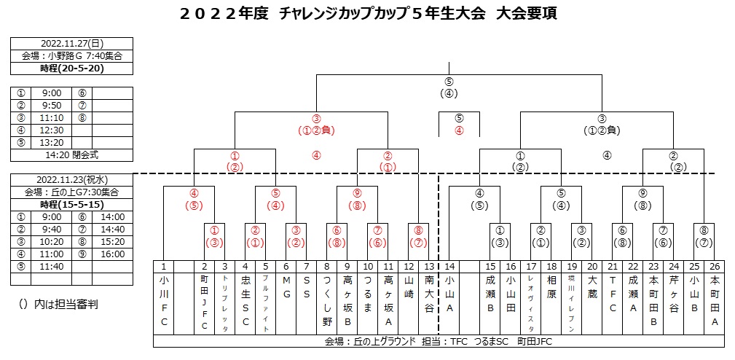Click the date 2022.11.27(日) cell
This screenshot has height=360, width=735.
(x=72, y=42)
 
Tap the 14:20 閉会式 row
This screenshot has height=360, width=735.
(x=72, y=154)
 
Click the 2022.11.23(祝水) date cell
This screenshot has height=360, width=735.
(x=72, y=180)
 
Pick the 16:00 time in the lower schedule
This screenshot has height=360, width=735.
(x=113, y=254)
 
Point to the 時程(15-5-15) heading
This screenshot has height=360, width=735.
(x=72, y=205)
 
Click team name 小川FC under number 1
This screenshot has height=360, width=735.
(x=164, y=300)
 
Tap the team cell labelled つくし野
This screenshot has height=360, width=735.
(x=327, y=300)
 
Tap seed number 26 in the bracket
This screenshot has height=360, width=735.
(x=715, y=266)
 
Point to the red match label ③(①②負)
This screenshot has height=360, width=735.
(x=316, y=125)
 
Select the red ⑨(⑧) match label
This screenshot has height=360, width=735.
(x=357, y=199)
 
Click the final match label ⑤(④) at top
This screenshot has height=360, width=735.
(x=449, y=87)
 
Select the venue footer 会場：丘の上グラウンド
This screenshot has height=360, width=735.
(x=368, y=340)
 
